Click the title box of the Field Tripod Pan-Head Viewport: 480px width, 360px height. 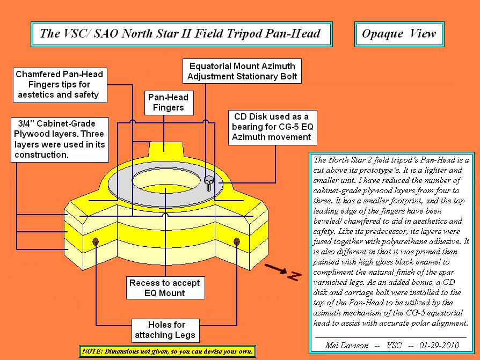181,34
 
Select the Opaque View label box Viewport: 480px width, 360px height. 399,34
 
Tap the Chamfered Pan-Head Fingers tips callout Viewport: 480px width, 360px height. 59,85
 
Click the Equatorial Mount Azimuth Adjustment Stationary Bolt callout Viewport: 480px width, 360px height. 242,71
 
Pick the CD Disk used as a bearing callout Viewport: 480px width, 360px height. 271,127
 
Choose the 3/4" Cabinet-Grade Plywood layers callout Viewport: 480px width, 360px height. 59,139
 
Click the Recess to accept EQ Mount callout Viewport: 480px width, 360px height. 164,288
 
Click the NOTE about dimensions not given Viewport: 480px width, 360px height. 166,351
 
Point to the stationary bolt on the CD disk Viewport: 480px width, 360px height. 209,182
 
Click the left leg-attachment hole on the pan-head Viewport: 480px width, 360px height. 96,241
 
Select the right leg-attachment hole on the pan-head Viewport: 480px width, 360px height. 235,242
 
